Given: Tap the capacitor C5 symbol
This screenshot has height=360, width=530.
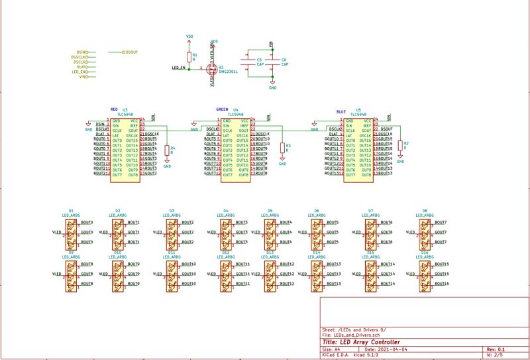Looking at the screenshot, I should [248, 62].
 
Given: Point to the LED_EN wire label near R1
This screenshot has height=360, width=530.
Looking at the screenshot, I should [178, 68].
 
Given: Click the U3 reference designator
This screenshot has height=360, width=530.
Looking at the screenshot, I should [125, 109].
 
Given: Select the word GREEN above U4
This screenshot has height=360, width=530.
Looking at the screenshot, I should [223, 109].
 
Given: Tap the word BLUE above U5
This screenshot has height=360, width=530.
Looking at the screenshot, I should [341, 112].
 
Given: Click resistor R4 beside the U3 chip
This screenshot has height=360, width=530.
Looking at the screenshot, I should [167, 150].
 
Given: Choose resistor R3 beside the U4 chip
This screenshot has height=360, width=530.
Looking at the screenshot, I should [282, 147].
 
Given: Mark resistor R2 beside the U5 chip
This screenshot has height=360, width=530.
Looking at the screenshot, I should [400, 145].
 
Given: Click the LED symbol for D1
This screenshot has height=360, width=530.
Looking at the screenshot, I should [71, 233].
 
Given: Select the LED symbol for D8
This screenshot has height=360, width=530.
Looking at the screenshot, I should [424, 233].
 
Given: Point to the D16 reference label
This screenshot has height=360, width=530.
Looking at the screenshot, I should [424, 253].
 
